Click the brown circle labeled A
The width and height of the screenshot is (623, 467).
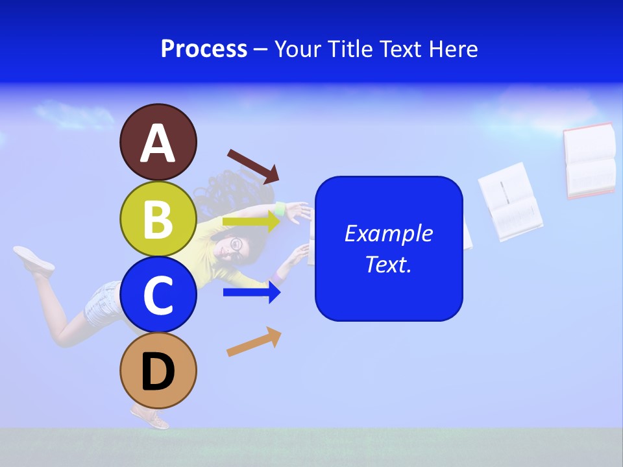[x=158, y=142]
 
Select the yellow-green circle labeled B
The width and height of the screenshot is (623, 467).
[x=158, y=219]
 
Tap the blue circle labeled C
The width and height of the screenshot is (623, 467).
[x=158, y=294]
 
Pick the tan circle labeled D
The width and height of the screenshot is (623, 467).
[x=158, y=370]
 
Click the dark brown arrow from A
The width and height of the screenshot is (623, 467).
[x=253, y=165]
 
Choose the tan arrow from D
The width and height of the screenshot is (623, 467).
[x=254, y=342]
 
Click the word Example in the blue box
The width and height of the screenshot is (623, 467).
[x=388, y=233]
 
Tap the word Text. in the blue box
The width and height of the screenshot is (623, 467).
[x=388, y=264]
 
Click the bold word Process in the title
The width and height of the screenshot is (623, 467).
[x=204, y=49]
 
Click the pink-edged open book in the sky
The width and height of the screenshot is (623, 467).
[x=589, y=160]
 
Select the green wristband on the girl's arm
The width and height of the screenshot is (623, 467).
[x=280, y=210]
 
